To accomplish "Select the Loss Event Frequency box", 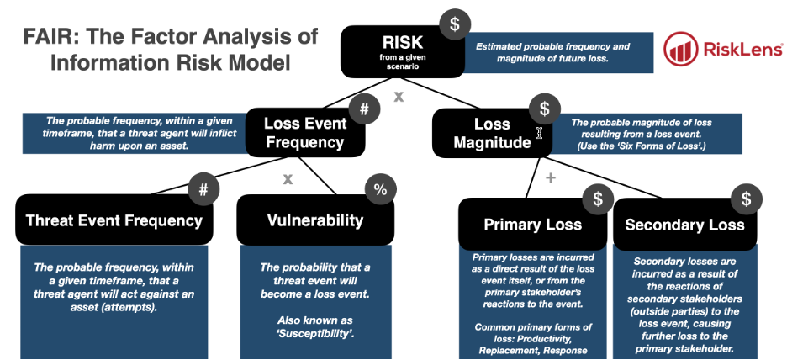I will pos(304,132).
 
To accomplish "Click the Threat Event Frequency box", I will pos(114,221).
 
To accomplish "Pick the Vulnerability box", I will pos(314,221).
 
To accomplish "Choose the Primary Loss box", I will pos(532,225).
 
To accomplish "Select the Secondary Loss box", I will pos(684,225).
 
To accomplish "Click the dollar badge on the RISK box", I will pos(455,24).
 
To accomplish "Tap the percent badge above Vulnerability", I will pos(380,190).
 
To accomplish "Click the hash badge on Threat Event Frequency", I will pos(203,189).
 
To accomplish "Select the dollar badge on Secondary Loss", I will pos(746,199).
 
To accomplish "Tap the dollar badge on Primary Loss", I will pos(598,199).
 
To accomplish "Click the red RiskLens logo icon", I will pos(679,50).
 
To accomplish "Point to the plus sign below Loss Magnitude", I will pos(551,177).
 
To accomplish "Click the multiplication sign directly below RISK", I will pos(399,96).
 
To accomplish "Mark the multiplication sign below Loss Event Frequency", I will pos(288,178).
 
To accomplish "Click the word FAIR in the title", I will pos(45,36).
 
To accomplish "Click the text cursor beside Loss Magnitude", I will pos(541,132).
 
